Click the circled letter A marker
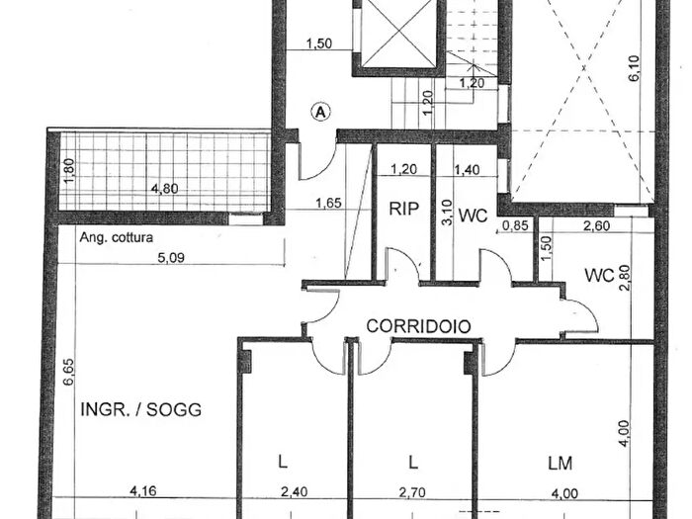tap(321, 112)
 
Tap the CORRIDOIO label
tap(419, 326)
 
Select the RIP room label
tap(403, 209)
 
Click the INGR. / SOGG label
tap(140, 409)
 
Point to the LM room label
tap(561, 464)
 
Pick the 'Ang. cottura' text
tap(116, 237)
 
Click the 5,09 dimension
tap(171, 257)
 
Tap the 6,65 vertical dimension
tap(69, 372)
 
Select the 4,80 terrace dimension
tap(165, 189)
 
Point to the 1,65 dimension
tap(328, 203)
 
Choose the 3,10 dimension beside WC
tap(447, 213)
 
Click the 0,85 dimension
tap(515, 225)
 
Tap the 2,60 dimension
tap(596, 226)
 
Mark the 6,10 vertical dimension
tap(634, 68)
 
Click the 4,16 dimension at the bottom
tap(142, 490)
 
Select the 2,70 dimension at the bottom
tap(412, 491)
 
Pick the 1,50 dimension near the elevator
tap(319, 43)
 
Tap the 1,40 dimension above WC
tap(468, 169)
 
